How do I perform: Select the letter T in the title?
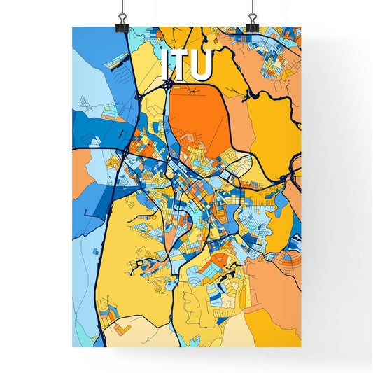point(178,65)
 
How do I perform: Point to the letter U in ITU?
point(199,65)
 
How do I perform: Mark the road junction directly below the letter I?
point(169,85)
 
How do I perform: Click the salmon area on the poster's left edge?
point(80,171)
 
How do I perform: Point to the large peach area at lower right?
point(276,287)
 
